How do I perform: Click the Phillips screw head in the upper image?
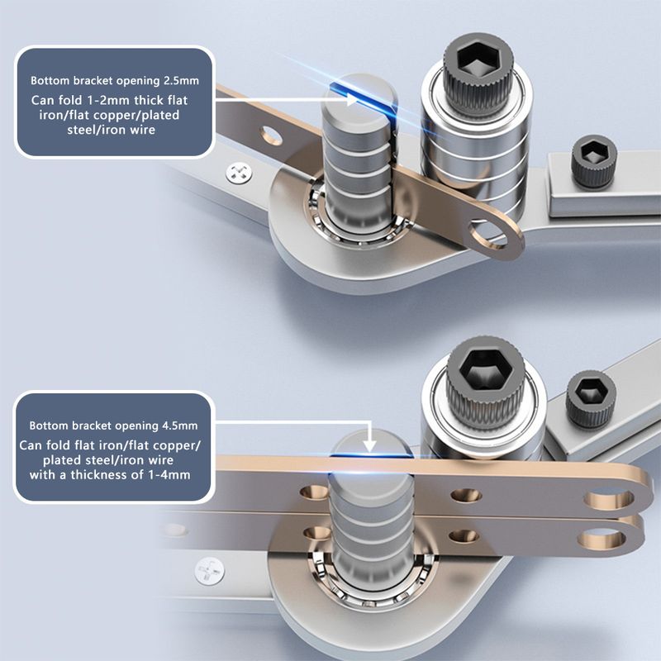[239, 174]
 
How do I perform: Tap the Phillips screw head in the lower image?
[210, 571]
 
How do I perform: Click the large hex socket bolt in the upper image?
[478, 74]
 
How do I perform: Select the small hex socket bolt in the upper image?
[593, 161]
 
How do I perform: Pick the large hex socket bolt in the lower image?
[485, 382]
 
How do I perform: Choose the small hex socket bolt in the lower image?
[591, 400]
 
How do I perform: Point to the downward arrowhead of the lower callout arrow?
[369, 446]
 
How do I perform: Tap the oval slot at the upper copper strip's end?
[488, 233]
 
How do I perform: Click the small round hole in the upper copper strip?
[272, 136]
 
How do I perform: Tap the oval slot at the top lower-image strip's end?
[609, 498]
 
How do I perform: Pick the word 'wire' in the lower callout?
[160, 460]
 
